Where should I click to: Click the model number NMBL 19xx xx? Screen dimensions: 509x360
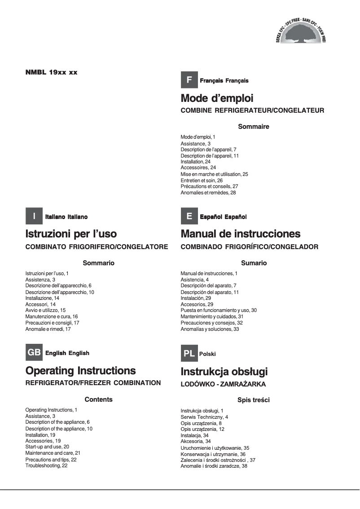52,72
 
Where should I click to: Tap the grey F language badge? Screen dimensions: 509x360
189,80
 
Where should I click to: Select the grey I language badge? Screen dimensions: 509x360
34,216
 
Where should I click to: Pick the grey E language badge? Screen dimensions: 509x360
189,216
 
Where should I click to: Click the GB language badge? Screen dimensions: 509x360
34,353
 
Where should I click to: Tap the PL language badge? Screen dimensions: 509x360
189,353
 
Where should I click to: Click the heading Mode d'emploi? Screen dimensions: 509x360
217,98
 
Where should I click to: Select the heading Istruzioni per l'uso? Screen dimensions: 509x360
71,234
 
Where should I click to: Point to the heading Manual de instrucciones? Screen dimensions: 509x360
241,234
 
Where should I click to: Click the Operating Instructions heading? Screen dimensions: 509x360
81,371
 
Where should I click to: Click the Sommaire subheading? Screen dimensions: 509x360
254,127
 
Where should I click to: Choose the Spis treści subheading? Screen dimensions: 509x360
254,399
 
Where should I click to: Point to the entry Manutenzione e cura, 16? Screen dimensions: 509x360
52,316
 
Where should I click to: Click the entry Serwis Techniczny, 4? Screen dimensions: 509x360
204,417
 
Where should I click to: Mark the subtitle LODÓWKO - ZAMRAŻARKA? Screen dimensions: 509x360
223,384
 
